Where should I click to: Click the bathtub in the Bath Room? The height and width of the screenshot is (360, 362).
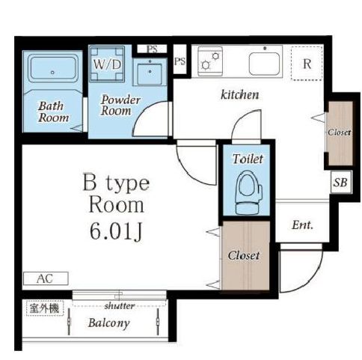tap(52, 69)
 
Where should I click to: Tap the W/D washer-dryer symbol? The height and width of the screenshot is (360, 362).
tap(107, 64)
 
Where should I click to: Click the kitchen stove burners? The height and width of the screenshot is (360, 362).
tap(210, 61)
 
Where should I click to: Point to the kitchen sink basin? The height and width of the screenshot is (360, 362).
tap(264, 64)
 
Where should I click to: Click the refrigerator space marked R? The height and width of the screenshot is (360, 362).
tap(307, 64)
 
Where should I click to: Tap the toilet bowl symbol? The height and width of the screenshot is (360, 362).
tap(249, 193)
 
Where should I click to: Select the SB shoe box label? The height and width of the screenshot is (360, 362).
tap(340, 182)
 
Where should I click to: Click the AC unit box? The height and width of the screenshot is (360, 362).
tap(46, 278)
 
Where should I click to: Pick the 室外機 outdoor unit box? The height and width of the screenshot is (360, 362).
tap(45, 308)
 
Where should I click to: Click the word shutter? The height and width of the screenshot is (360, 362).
tap(120, 305)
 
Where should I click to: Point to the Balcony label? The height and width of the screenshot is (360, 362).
tap(108, 323)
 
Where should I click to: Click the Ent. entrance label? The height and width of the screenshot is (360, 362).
tap(302, 225)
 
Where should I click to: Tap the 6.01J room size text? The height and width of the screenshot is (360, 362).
tap(116, 231)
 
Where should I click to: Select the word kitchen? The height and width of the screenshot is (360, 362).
tap(240, 94)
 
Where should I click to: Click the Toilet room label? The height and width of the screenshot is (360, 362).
tap(248, 159)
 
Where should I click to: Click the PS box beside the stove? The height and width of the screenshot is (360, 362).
tap(180, 61)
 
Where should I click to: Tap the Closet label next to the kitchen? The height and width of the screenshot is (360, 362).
tap(340, 132)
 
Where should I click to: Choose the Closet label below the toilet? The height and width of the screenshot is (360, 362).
tap(244, 255)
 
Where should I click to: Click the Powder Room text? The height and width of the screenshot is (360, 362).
tap(120, 105)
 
